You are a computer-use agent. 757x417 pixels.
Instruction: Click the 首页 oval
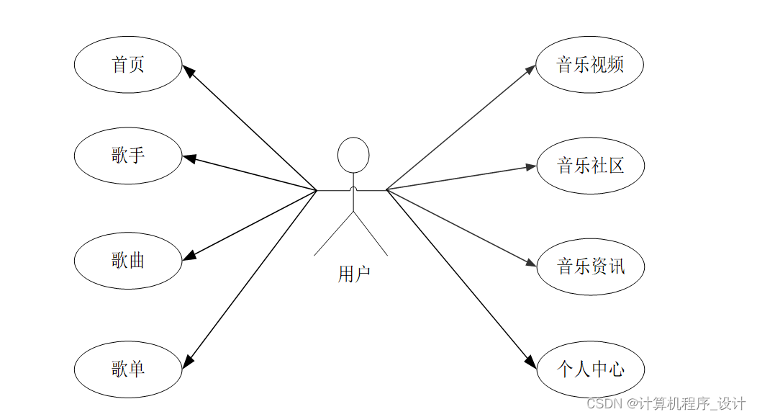click(128, 65)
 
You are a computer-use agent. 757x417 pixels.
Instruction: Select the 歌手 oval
click(128, 155)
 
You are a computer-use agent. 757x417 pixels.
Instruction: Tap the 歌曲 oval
click(128, 260)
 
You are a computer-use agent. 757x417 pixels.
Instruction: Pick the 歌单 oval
click(128, 369)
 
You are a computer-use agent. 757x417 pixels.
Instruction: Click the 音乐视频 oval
click(589, 65)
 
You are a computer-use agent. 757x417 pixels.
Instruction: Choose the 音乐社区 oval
click(590, 166)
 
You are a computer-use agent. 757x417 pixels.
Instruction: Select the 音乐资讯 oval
click(590, 266)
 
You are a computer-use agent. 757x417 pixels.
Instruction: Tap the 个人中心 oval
click(590, 369)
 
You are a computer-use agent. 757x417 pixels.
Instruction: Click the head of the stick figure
click(353, 154)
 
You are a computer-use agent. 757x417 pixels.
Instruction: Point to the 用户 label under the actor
click(353, 274)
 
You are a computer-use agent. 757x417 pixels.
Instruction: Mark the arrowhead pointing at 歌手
click(189, 158)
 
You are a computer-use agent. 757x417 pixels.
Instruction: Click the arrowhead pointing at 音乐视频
click(531, 69)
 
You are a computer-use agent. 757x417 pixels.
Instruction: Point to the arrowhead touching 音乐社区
click(531, 166)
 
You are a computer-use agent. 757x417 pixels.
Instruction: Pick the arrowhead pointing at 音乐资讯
click(531, 264)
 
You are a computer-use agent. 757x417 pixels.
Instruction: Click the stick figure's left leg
click(334, 234)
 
